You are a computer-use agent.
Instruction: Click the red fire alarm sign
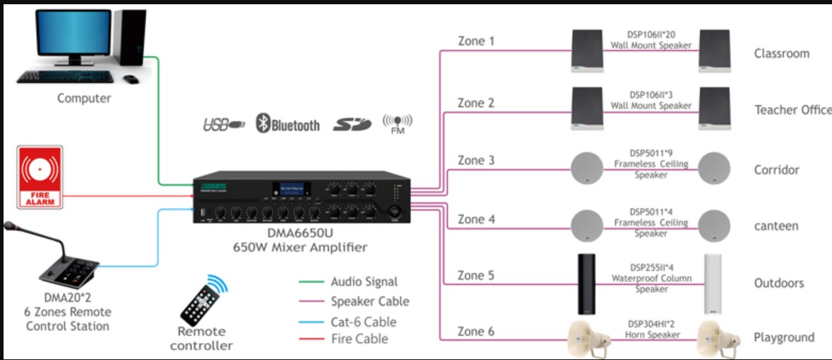[x=40, y=178]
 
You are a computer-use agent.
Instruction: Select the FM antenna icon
[x=397, y=123]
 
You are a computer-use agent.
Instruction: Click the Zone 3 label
[x=476, y=161]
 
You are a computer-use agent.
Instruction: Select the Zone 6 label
[x=476, y=332]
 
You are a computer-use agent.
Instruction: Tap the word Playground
[x=784, y=338]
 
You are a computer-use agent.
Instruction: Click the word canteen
[x=776, y=226]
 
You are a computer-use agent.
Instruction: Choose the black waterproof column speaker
[x=588, y=283]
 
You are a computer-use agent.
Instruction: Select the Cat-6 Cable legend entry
[x=364, y=322]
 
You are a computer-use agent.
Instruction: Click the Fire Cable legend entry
[x=359, y=339]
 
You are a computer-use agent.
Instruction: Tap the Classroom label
[x=782, y=54]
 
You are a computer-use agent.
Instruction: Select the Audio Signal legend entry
[x=364, y=282]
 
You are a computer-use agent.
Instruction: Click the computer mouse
[x=132, y=79]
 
